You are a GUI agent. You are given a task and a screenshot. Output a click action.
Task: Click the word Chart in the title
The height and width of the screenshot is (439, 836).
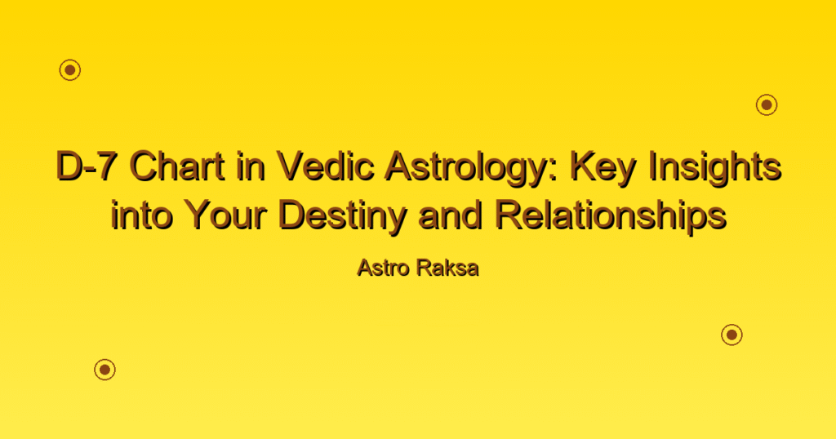tap(177, 166)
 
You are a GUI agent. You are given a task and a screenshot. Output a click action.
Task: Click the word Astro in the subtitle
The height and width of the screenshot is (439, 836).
tap(382, 268)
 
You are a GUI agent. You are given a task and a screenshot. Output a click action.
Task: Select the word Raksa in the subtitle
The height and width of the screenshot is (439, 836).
tap(448, 268)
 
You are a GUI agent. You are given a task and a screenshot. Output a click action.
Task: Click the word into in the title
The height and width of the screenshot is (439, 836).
tap(141, 215)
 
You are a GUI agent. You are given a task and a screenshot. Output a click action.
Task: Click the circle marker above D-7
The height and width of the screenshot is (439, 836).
tap(70, 70)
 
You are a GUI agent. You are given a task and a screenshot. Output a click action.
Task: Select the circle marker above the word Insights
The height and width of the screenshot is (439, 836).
tap(767, 105)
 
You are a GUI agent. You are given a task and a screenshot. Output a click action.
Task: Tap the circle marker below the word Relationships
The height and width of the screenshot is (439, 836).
tap(732, 335)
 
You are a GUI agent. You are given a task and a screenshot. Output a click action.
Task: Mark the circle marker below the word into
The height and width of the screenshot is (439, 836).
tap(105, 369)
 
